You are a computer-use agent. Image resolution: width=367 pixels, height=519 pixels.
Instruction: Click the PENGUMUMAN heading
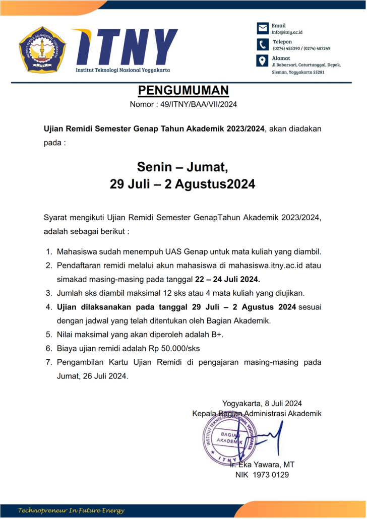[183, 91]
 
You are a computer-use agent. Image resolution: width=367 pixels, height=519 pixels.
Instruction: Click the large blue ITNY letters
[131, 46]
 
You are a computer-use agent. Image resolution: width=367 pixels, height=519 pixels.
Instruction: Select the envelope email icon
[263, 28]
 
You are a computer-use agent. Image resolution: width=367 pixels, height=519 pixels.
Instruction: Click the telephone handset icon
[263, 44]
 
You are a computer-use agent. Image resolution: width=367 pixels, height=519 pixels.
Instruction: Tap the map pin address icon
[263, 61]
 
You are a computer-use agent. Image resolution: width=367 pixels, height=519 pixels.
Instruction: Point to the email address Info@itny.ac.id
[287, 32]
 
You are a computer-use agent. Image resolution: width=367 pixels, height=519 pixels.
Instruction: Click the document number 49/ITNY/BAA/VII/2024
[198, 105]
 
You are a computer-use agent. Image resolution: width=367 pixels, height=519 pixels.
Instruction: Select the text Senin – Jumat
[183, 167]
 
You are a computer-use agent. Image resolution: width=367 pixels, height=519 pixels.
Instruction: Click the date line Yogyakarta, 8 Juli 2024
[262, 403]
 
